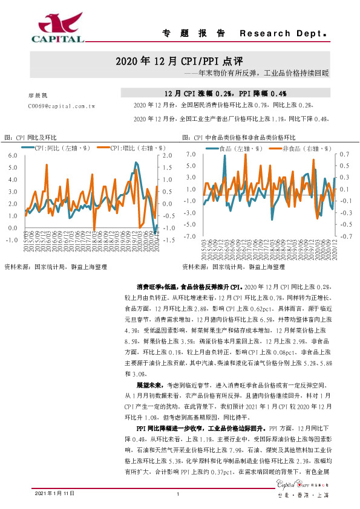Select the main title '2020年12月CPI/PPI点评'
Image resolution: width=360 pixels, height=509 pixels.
179,62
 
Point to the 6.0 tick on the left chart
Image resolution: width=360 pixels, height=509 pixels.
13,155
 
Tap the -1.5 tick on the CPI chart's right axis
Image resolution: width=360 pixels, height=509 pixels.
169,240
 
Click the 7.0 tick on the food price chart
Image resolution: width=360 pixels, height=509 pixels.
191,155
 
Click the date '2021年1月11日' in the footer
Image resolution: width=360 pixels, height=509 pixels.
55,493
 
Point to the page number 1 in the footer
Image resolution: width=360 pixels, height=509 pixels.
179,493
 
